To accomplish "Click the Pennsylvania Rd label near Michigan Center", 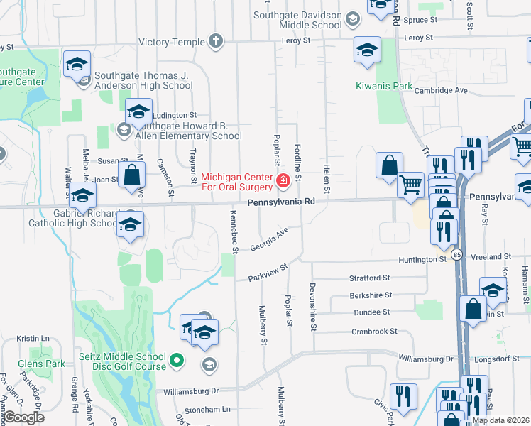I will click(x=280, y=202).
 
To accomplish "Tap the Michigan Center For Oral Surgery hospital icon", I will click(x=283, y=182).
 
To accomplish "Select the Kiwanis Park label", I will click(x=384, y=87).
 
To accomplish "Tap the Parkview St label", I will click(x=266, y=273).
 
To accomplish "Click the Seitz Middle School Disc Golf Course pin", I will click(x=177, y=360).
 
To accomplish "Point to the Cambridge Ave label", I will click(x=441, y=91).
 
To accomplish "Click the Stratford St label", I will click(x=369, y=278).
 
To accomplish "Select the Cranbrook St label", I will click(x=374, y=332).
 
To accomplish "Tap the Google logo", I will click(x=24, y=417).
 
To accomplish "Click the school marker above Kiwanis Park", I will click(x=367, y=50).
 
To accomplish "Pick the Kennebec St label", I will click(x=233, y=231).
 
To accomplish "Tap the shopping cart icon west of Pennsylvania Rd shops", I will click(x=410, y=186).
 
